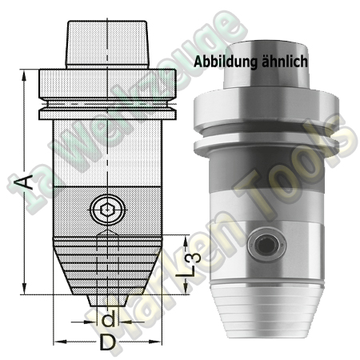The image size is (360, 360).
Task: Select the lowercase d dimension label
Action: (x=108, y=320)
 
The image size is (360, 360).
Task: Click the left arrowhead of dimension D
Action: (x=58, y=342)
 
